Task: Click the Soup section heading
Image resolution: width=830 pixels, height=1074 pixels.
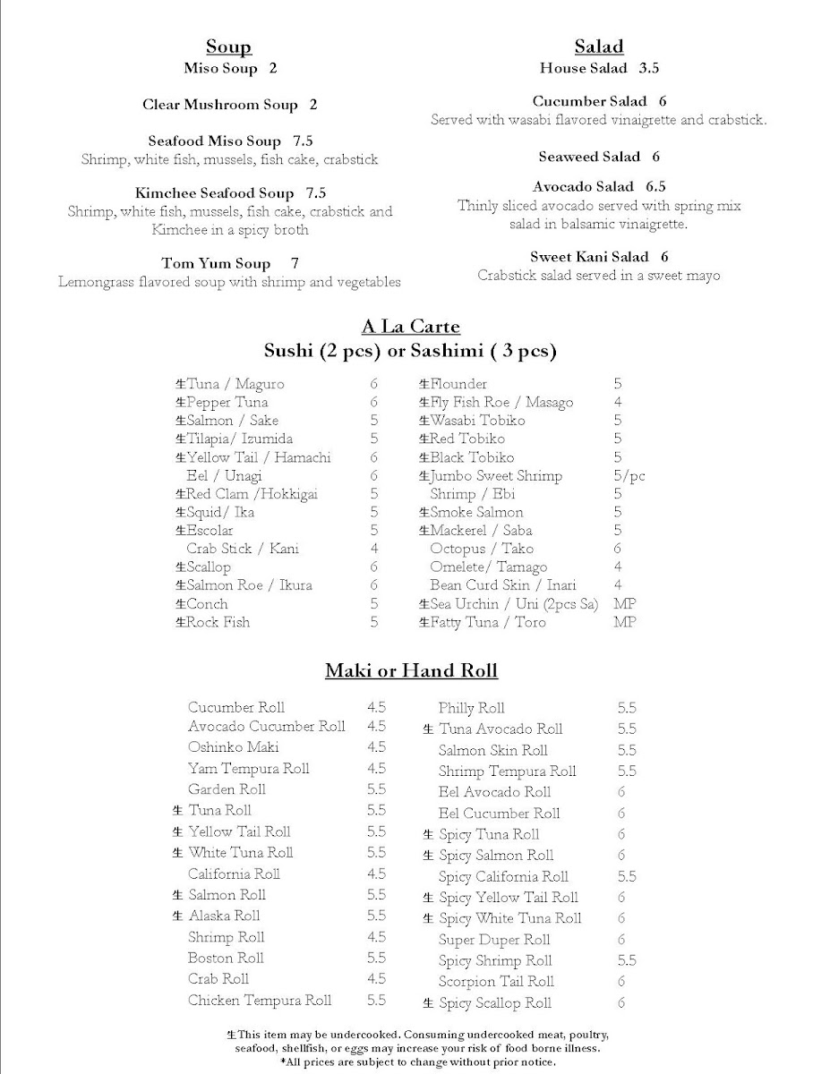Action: [228, 47]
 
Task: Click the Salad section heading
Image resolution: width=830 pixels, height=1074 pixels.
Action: [599, 47]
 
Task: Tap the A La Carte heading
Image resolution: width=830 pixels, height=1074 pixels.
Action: [410, 328]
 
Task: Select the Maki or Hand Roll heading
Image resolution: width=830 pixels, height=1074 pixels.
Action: [411, 670]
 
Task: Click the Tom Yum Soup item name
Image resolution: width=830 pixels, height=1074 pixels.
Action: [216, 263]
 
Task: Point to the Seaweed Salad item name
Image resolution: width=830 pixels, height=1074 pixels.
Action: [589, 157]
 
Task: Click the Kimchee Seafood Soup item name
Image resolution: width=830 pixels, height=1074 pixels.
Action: [215, 193]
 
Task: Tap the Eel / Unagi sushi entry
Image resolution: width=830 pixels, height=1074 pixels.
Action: [219, 476]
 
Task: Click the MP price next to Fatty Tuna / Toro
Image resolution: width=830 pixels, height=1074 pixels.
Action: [624, 622]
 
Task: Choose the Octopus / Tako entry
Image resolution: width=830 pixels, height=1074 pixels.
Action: [481, 549]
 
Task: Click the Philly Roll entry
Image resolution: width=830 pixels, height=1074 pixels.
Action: [471, 708]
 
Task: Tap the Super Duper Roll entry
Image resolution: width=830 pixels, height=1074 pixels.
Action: [494, 940]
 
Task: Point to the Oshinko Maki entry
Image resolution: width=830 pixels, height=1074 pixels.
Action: [233, 747]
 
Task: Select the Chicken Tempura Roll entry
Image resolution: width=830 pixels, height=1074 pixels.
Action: [260, 1001]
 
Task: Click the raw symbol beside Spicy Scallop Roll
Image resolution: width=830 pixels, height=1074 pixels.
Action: [428, 1003]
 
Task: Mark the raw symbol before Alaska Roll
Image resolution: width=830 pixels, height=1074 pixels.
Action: [177, 916]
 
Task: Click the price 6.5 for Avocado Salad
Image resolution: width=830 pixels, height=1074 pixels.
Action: [655, 187]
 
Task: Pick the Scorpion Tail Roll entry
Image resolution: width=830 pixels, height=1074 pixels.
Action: [496, 982]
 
